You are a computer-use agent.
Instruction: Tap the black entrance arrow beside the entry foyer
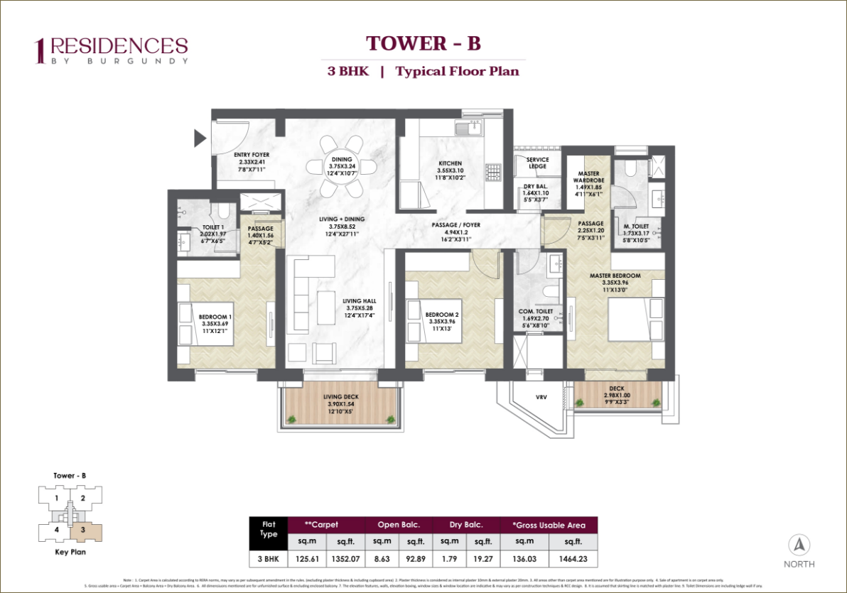click(200, 138)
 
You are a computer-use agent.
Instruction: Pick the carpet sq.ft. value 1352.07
click(345, 560)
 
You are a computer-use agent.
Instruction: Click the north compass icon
click(800, 545)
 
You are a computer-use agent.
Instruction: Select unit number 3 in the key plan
click(83, 529)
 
